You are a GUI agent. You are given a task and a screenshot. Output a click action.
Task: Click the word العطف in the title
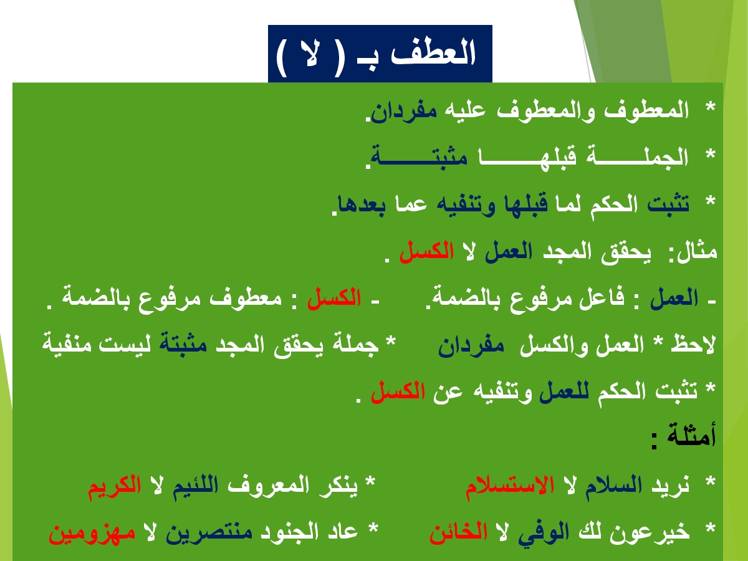pos(433,53)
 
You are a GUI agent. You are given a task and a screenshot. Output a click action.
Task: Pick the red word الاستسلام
pos(510,486)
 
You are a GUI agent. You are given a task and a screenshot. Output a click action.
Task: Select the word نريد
pos(670,486)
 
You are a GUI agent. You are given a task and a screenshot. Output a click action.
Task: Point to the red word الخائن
pos(459,532)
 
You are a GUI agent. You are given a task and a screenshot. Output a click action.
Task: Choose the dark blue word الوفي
pos(544,533)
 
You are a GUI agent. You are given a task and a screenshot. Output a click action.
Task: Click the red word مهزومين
pos(92,533)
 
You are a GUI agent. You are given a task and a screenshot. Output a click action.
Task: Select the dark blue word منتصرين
pos(209,533)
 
